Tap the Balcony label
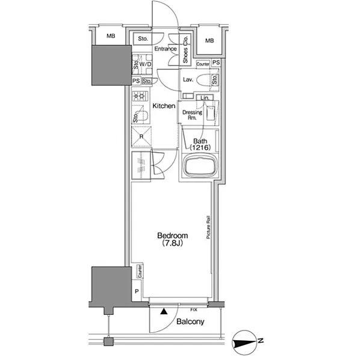[x=190, y=322]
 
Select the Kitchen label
[x=164, y=106]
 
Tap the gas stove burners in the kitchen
[x=140, y=96]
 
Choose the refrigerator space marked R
[x=141, y=136]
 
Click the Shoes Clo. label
[x=185, y=50]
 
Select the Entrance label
[x=165, y=49]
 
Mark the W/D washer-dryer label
[x=145, y=64]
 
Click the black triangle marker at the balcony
[x=164, y=311]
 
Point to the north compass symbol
[x=244, y=343]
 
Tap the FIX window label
[x=194, y=310]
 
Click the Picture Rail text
[x=208, y=227]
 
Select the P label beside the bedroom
[x=137, y=291]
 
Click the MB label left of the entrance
[x=111, y=36]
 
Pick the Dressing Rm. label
[x=193, y=115]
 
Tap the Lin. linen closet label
[x=205, y=98]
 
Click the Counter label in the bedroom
[x=140, y=271]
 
